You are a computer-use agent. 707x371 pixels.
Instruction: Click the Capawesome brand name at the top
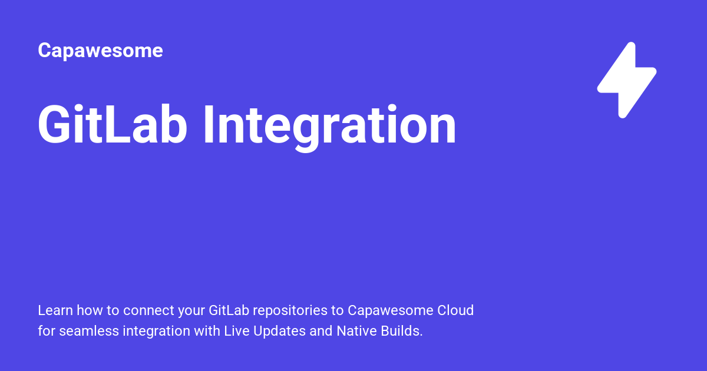pos(100,51)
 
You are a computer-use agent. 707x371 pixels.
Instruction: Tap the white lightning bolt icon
pos(627,80)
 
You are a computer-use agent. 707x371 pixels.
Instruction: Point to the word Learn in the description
pos(52,310)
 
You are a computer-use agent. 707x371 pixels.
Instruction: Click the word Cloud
pos(455,310)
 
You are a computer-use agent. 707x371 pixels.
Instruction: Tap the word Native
pos(356,331)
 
